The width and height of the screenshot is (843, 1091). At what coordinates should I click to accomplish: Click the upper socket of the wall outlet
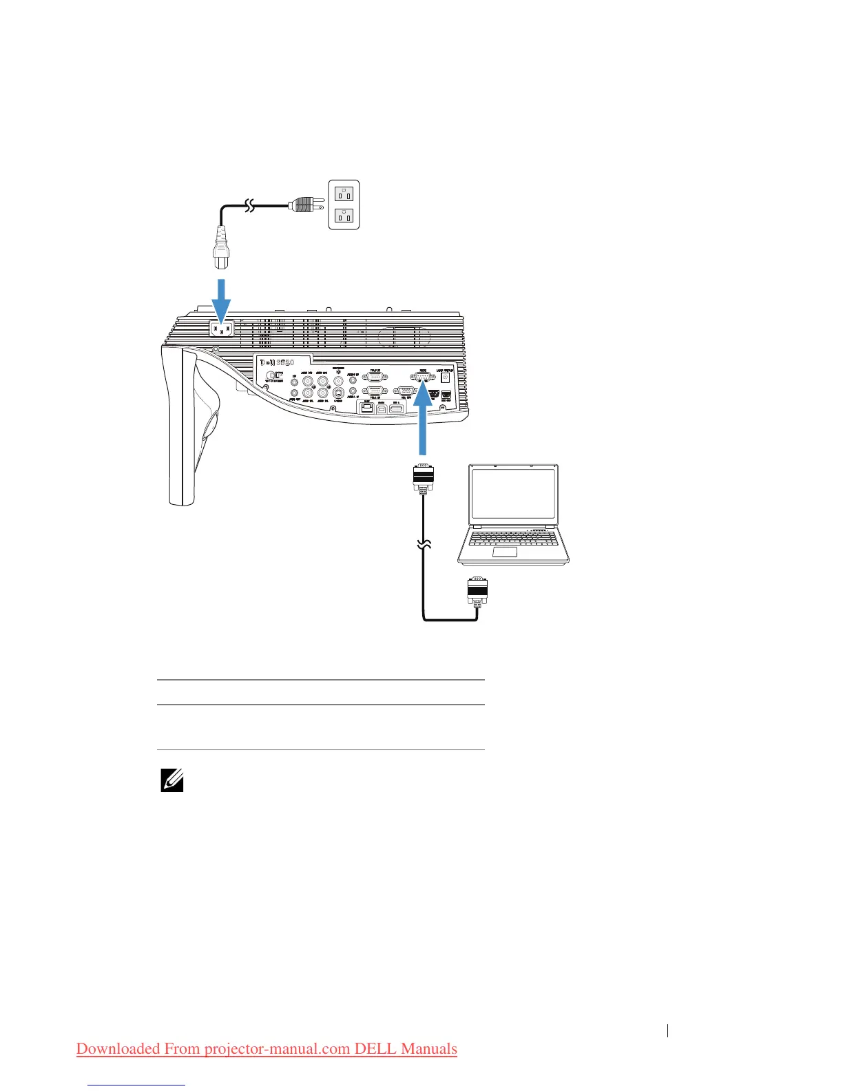[344, 192]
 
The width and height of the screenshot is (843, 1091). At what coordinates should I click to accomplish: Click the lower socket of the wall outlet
[344, 216]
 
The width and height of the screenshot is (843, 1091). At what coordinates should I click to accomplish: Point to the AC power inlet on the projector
[221, 330]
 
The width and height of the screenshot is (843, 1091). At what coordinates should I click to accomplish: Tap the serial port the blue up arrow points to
[422, 376]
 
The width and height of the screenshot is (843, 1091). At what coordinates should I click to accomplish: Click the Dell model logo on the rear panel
[277, 363]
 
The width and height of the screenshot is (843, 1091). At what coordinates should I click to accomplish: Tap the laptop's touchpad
[505, 552]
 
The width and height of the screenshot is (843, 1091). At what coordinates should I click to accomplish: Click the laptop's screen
[514, 494]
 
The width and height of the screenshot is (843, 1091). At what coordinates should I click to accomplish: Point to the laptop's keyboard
[513, 537]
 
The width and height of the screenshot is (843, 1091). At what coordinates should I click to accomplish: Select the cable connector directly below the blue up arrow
[422, 477]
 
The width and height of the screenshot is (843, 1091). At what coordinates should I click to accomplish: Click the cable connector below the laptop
[477, 592]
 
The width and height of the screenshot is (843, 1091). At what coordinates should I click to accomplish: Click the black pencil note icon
[171, 780]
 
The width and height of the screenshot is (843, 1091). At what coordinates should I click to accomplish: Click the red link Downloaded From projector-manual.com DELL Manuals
[267, 1048]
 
